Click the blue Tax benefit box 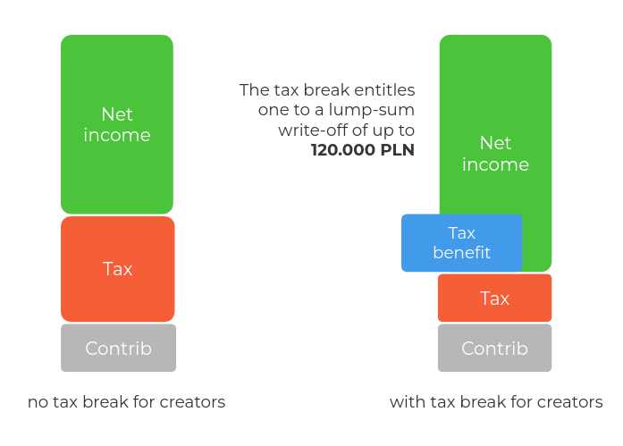[462, 242]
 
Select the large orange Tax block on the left [118, 269]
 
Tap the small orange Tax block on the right [494, 298]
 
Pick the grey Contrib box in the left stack [118, 348]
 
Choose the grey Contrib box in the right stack [494, 348]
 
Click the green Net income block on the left [117, 124]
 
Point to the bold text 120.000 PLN [363, 150]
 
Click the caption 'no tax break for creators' [126, 402]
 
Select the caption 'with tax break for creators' [496, 402]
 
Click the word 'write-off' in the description [302, 130]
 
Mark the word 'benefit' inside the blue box [462, 253]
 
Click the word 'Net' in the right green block [495, 143]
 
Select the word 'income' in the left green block [117, 135]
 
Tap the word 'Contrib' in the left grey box [118, 349]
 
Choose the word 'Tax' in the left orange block [117, 269]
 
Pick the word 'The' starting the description [254, 90]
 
